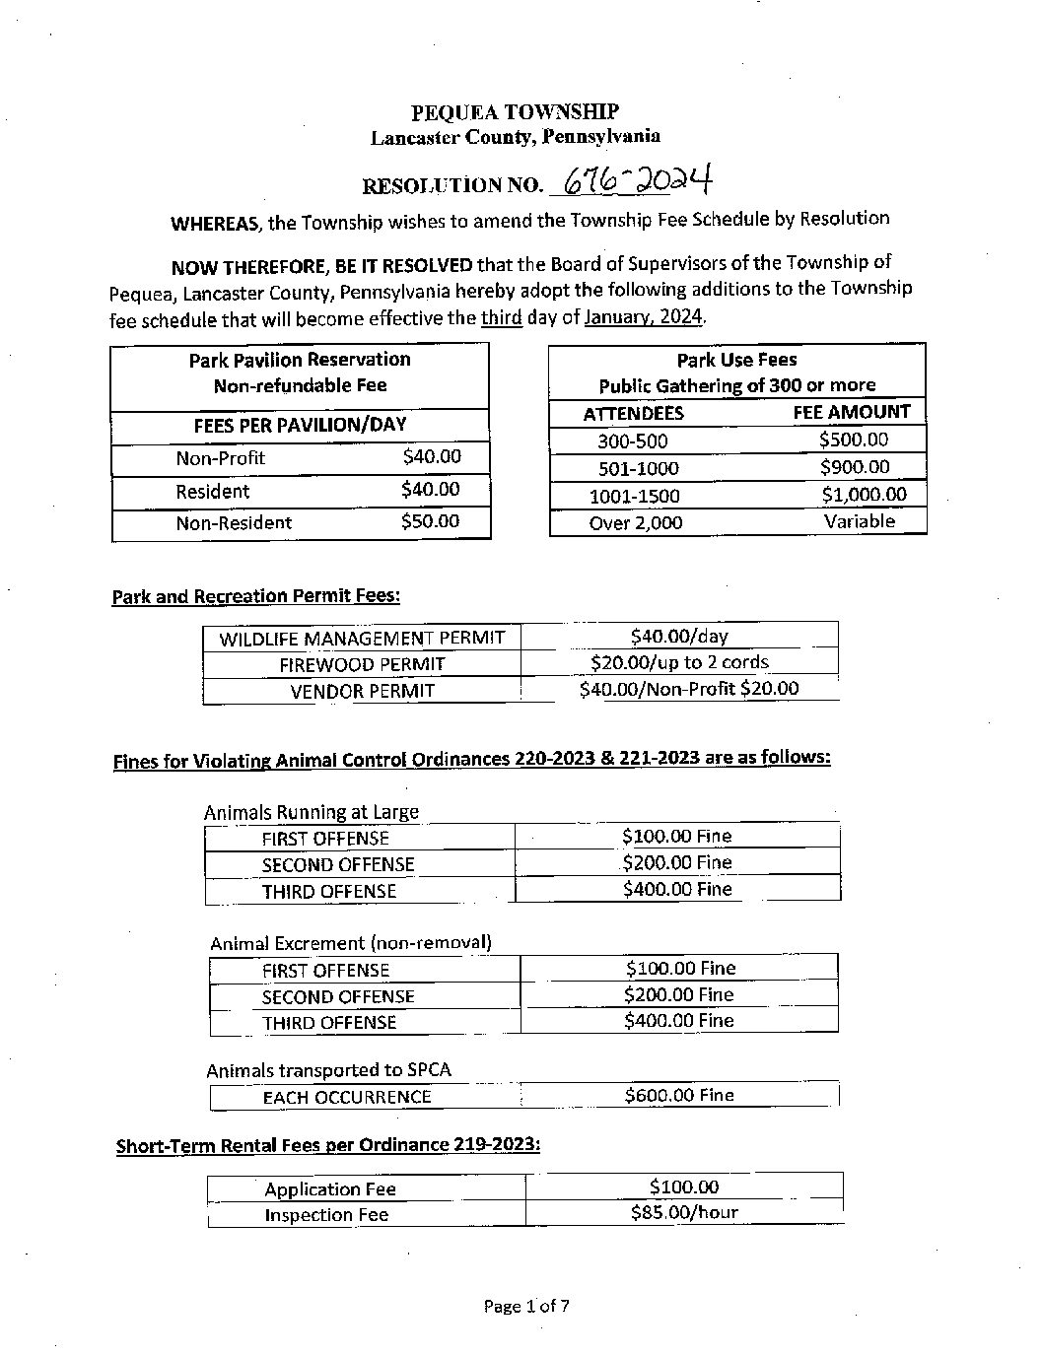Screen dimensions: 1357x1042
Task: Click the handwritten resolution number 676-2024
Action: [636, 181]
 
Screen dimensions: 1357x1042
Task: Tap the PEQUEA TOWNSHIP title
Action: [515, 112]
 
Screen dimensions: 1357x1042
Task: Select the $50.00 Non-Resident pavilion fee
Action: [430, 521]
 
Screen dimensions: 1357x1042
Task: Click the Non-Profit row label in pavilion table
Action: [220, 458]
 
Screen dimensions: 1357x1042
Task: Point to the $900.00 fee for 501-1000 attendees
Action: [854, 467]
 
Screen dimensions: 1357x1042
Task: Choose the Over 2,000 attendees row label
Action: [635, 523]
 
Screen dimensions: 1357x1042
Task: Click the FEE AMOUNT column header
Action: [852, 412]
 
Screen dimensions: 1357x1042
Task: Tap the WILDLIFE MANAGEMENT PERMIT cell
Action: [362, 639]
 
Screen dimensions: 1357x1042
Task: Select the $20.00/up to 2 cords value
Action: [679, 662]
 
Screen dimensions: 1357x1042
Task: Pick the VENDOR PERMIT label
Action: [362, 691]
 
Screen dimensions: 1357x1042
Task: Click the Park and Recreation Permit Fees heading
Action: [256, 596]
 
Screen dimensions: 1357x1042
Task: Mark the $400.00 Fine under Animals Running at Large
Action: [677, 889]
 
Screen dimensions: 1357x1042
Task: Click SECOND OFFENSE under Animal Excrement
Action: [338, 996]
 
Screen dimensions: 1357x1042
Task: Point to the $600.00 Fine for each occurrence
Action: [679, 1095]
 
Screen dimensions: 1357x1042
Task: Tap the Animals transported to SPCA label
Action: [328, 1070]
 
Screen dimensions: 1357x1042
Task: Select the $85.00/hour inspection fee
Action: [684, 1212]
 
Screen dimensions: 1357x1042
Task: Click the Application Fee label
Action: [330, 1189]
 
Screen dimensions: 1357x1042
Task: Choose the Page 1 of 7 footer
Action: [526, 1307]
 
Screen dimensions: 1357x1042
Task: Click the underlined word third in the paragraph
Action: [501, 317]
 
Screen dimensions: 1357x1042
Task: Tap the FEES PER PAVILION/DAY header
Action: [300, 426]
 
